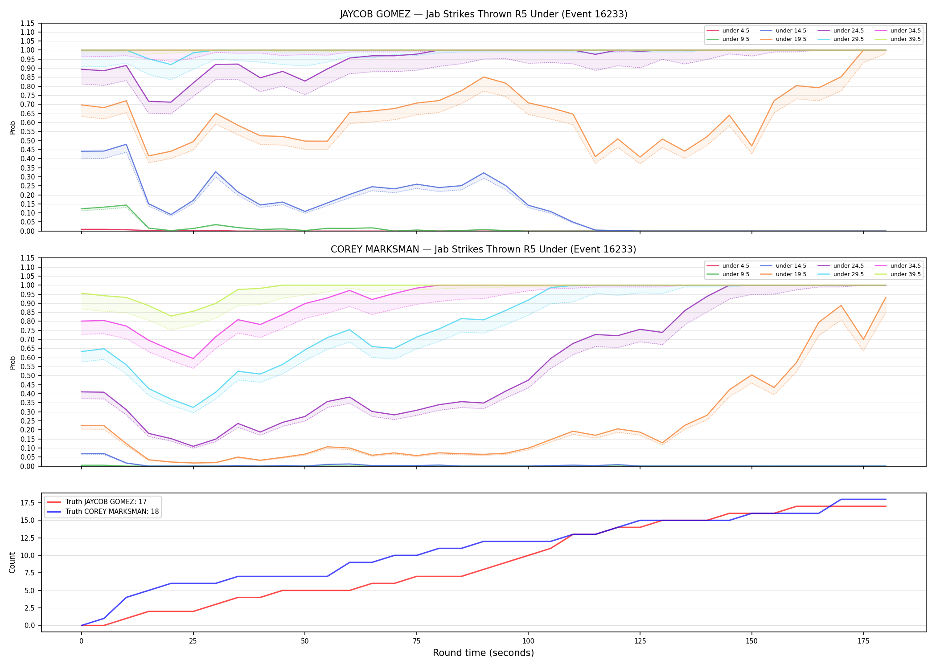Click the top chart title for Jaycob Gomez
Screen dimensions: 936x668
[484, 14]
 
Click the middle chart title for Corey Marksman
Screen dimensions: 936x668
[484, 249]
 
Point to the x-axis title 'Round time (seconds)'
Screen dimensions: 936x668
[484, 653]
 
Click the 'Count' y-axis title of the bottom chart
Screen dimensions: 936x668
[12, 563]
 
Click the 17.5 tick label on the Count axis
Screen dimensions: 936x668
[29, 503]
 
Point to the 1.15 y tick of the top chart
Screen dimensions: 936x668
[28, 23]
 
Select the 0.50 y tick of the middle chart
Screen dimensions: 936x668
[28, 376]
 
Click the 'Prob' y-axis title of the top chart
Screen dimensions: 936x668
[13, 128]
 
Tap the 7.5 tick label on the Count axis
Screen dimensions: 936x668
[30, 573]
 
